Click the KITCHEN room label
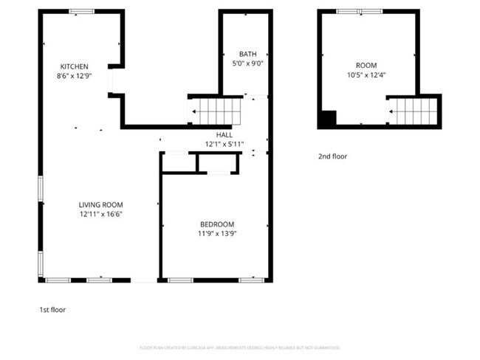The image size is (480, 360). pyautogui.click(x=75, y=66)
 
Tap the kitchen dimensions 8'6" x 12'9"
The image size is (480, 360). pyautogui.click(x=75, y=75)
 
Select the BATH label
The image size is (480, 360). pyautogui.click(x=247, y=55)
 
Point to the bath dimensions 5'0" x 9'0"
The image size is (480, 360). pyautogui.click(x=247, y=64)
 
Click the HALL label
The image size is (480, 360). pyautogui.click(x=224, y=135)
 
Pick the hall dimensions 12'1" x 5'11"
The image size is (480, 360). pyautogui.click(x=224, y=144)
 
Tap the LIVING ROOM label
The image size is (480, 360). pyautogui.click(x=100, y=204)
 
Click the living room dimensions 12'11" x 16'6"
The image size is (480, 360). pyautogui.click(x=100, y=214)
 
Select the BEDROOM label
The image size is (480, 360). pyautogui.click(x=217, y=224)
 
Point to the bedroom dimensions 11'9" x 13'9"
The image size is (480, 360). pyautogui.click(x=217, y=234)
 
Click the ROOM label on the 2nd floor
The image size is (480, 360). pyautogui.click(x=366, y=66)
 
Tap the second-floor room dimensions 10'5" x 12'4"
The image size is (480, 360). pyautogui.click(x=366, y=75)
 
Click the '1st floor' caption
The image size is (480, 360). pyautogui.click(x=52, y=310)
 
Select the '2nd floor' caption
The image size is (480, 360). pyautogui.click(x=332, y=156)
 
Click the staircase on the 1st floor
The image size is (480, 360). pyautogui.click(x=216, y=112)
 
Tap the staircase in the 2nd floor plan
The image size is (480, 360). pyautogui.click(x=414, y=112)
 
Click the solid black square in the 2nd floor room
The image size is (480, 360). pyautogui.click(x=328, y=118)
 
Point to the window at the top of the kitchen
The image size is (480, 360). pyautogui.click(x=81, y=11)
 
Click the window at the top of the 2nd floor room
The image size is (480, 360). pyautogui.click(x=360, y=11)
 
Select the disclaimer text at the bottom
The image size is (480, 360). pyautogui.click(x=239, y=347)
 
